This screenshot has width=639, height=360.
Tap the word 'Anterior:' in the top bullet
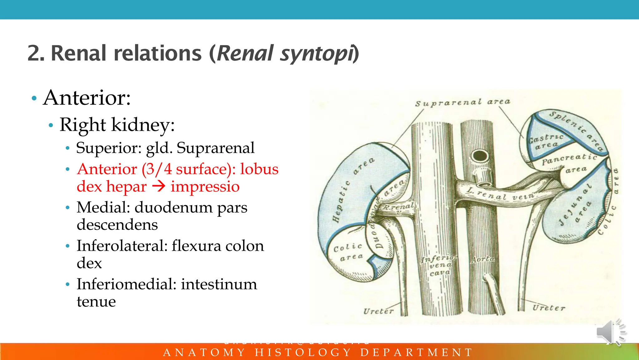pyautogui.click(x=87, y=98)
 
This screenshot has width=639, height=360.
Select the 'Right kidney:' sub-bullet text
pyautogui.click(x=117, y=125)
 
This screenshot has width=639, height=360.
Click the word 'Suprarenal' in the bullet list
pyautogui.click(x=216, y=148)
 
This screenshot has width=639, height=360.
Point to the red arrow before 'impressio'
pyautogui.click(x=159, y=186)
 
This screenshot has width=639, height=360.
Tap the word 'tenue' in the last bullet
pyautogui.click(x=96, y=301)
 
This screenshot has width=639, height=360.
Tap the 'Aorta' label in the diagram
pyautogui.click(x=482, y=259)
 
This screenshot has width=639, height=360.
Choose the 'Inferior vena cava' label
pyautogui.click(x=438, y=265)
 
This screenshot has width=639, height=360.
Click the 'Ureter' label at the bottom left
pyautogui.click(x=378, y=311)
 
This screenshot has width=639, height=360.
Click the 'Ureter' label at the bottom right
pyautogui.click(x=549, y=308)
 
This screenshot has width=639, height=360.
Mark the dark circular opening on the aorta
pyautogui.click(x=480, y=155)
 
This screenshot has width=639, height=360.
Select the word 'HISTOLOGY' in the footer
pyautogui.click(x=303, y=353)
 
